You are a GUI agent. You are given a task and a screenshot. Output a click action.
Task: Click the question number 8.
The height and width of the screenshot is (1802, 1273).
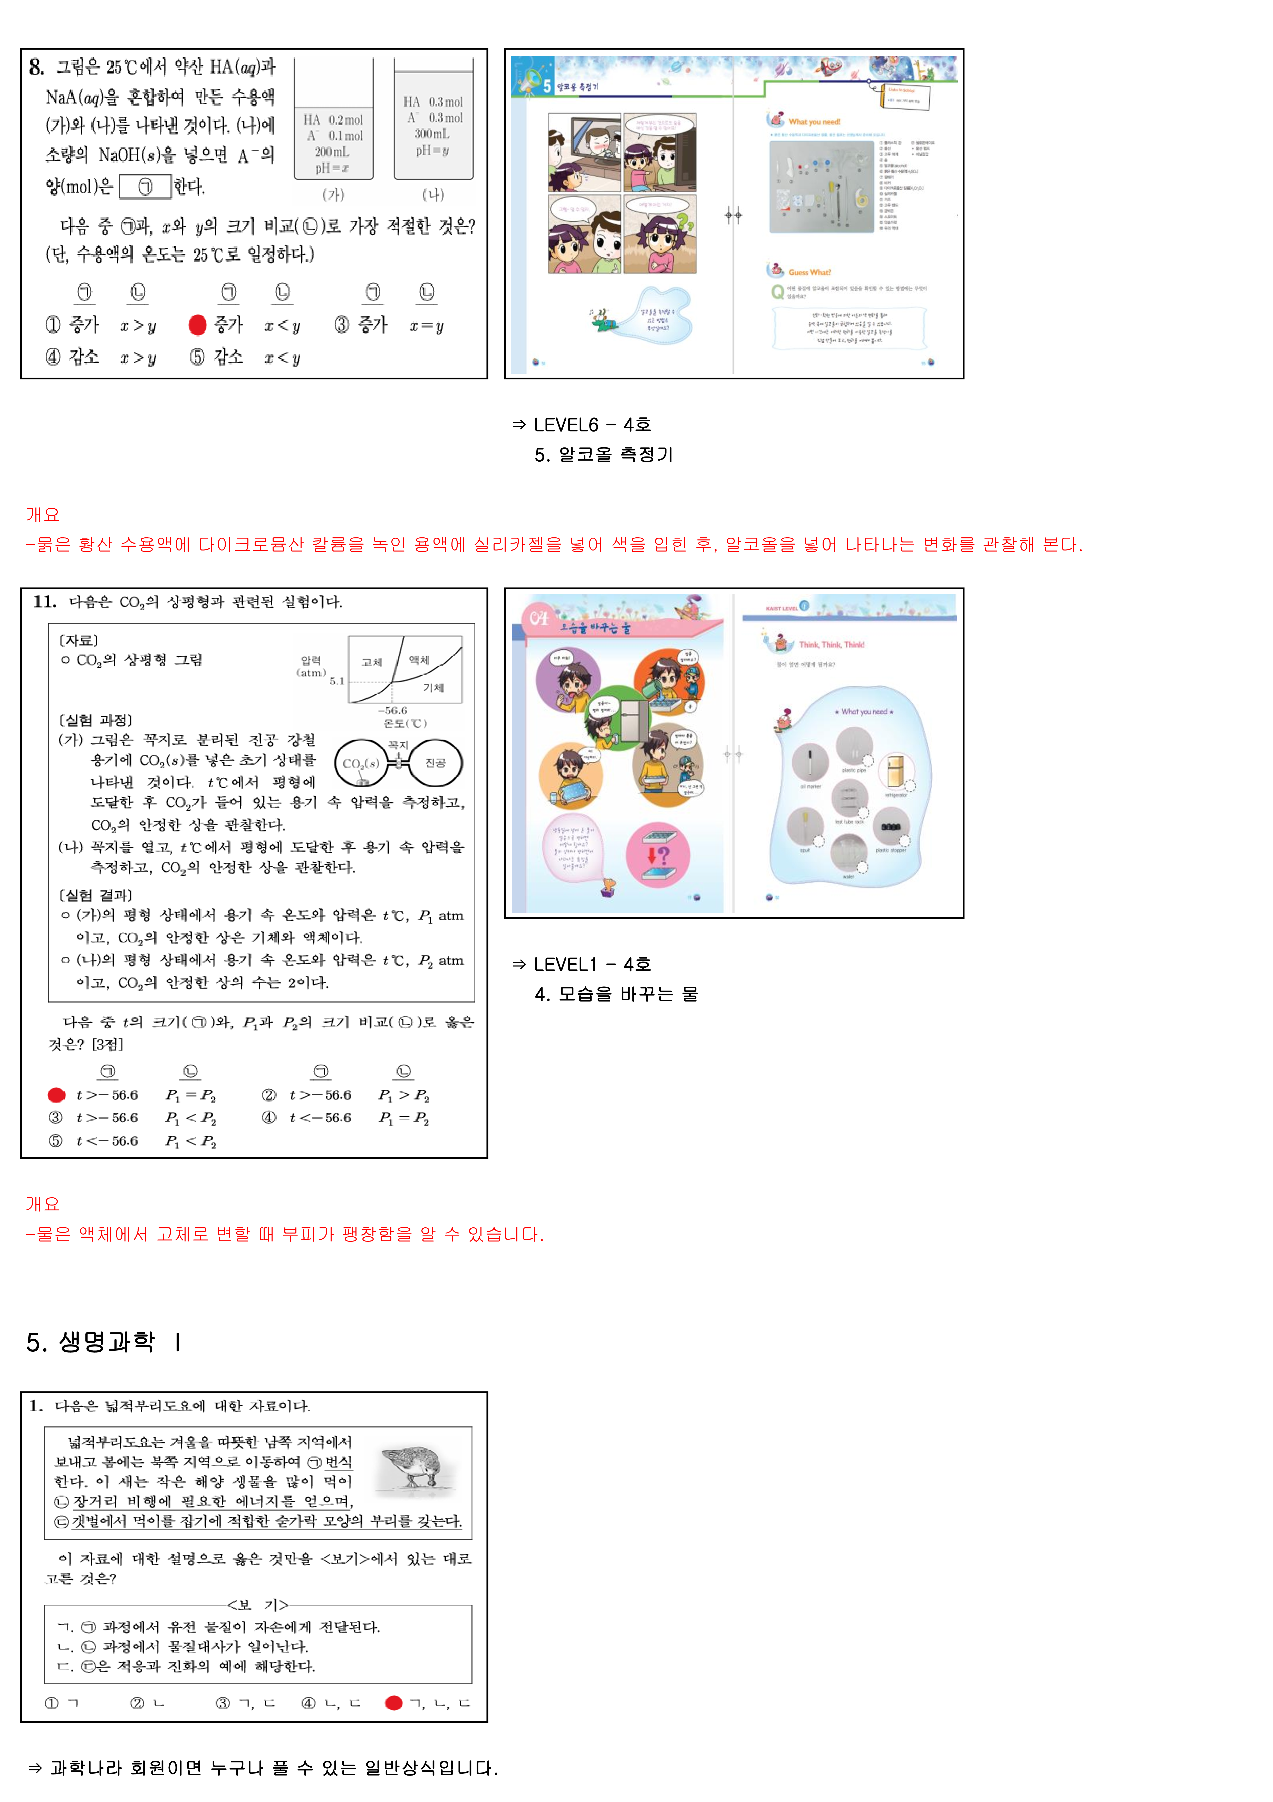pos(36,68)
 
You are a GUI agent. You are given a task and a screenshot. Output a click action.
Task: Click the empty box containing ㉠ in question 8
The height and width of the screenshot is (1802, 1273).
pos(145,187)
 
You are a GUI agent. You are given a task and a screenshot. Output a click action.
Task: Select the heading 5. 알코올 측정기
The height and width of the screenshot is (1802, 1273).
pos(604,454)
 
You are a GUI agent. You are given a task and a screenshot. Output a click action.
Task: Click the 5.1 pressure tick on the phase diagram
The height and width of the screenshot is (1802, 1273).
pos(336,681)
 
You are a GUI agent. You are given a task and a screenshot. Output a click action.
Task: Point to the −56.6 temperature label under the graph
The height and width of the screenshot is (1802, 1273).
pos(392,710)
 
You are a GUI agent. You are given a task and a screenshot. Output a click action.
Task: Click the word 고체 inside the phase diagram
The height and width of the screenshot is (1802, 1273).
pos(372,662)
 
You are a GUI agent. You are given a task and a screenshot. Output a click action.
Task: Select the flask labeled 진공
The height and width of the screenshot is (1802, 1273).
pos(436,762)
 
